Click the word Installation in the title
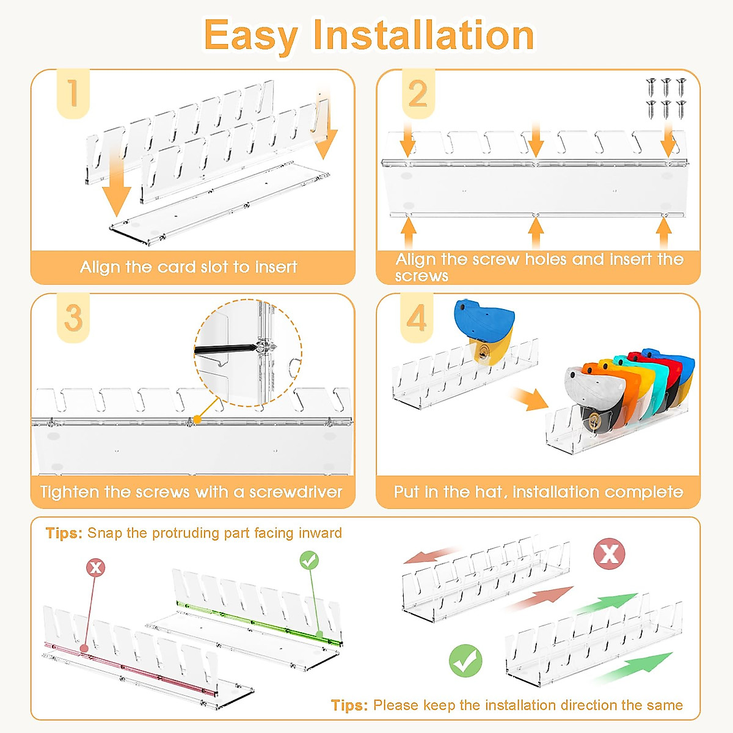click(423, 35)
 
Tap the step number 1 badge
click(73, 93)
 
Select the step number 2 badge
click(418, 93)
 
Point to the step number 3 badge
click(73, 318)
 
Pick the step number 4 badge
click(417, 318)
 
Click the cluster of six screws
click(666, 98)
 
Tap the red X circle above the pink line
click(95, 567)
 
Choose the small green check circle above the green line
click(309, 560)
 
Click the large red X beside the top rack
click(609, 554)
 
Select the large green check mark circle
click(465, 660)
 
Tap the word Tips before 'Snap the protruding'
click(64, 533)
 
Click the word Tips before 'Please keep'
click(349, 706)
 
